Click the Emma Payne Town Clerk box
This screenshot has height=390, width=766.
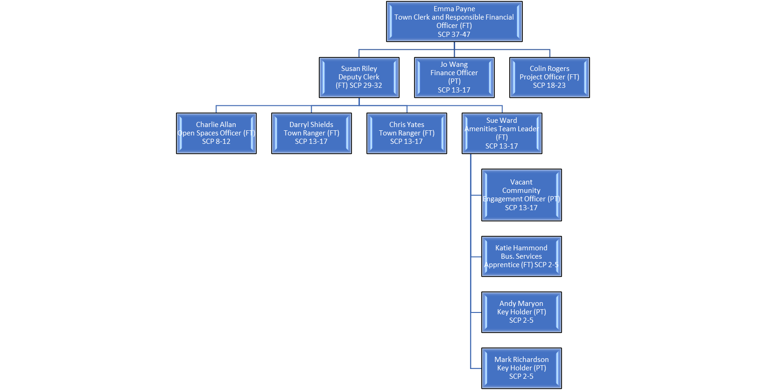coord(454,21)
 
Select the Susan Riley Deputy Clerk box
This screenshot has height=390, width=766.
coord(359,78)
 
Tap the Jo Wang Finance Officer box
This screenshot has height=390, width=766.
coord(454,78)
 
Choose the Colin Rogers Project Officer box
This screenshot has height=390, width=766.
coord(549,78)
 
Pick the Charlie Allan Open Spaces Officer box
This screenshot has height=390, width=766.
coord(216,133)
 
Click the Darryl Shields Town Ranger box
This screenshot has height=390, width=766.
coord(311,133)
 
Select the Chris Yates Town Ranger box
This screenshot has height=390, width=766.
coord(407,133)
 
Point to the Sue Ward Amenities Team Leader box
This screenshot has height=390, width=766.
coord(502,133)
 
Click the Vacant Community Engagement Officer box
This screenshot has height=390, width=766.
coord(521,195)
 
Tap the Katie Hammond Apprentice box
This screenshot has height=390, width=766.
coord(521,256)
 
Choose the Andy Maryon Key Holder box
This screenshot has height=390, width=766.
coord(521,312)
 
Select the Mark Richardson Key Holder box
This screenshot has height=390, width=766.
coord(521,368)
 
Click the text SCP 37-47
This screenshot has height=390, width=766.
coord(454,35)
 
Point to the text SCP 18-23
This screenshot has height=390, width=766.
coord(549,85)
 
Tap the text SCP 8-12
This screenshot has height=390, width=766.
coord(216,142)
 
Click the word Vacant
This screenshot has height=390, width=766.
coord(521,182)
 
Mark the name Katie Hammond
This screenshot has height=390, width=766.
coord(521,248)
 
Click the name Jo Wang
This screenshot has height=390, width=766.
coord(454,64)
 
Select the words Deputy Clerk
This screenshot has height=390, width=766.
coord(359,77)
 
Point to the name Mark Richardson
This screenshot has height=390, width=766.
coord(521,360)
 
